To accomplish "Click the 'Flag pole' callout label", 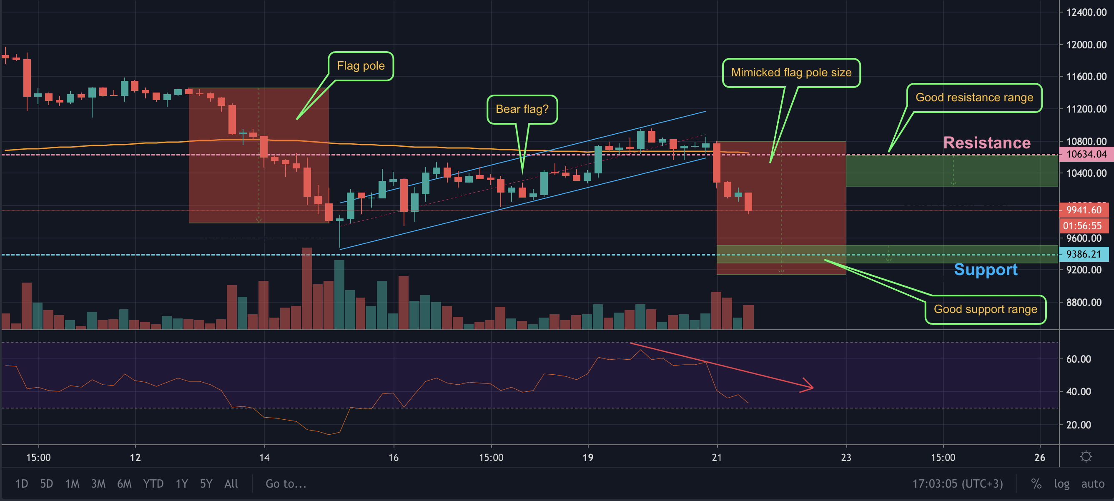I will click(x=361, y=66).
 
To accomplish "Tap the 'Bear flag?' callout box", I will click(x=522, y=109).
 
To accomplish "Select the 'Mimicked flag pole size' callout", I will click(x=791, y=73).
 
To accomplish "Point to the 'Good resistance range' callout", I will click(x=974, y=98).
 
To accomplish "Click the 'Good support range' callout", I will click(x=985, y=310).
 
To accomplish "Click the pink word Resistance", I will click(x=986, y=143).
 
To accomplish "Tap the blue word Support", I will click(x=986, y=270).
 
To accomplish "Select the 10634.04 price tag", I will click(x=1086, y=154).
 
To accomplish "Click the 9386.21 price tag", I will click(x=1083, y=254).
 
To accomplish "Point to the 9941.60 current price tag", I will click(x=1083, y=210).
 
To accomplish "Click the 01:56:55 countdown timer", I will click(x=1082, y=225).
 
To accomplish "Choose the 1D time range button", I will click(x=22, y=484).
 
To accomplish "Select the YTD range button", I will click(x=153, y=484).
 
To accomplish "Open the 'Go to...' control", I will click(x=286, y=484).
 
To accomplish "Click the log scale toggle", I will click(x=1061, y=484).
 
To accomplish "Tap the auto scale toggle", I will click(x=1092, y=484).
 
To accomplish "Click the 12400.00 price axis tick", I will click(x=1086, y=13).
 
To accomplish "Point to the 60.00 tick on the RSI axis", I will click(x=1078, y=359).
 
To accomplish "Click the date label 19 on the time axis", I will click(x=588, y=457).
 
